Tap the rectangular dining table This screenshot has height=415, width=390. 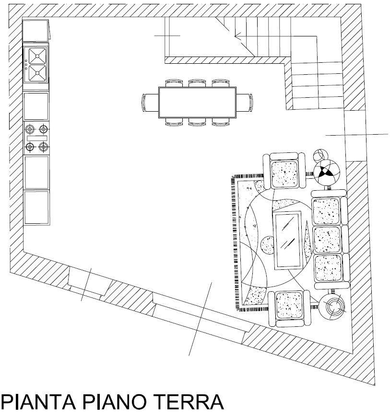pyautogui.click(x=197, y=103)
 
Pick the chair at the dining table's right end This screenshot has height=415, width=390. pyautogui.click(x=244, y=103)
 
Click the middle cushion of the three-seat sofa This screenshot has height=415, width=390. pyautogui.click(x=327, y=240)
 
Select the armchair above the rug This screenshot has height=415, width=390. pyautogui.click(x=284, y=171)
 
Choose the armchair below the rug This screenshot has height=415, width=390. pyautogui.click(x=289, y=308)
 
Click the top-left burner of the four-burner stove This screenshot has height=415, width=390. pyautogui.click(x=30, y=129)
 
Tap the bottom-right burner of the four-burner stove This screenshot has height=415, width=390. pyautogui.click(x=44, y=146)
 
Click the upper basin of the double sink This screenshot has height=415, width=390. pyautogui.click(x=37, y=56)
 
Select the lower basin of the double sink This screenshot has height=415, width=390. pyautogui.click(x=37, y=73)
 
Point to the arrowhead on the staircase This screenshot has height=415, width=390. pyautogui.click(x=237, y=35)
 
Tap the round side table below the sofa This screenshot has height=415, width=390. pyautogui.click(x=331, y=307)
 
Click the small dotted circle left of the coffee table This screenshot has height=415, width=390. pyautogui.click(x=267, y=245)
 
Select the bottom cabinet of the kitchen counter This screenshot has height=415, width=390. pyautogui.click(x=37, y=208)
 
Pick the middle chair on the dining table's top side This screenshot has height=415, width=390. pyautogui.click(x=197, y=83)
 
